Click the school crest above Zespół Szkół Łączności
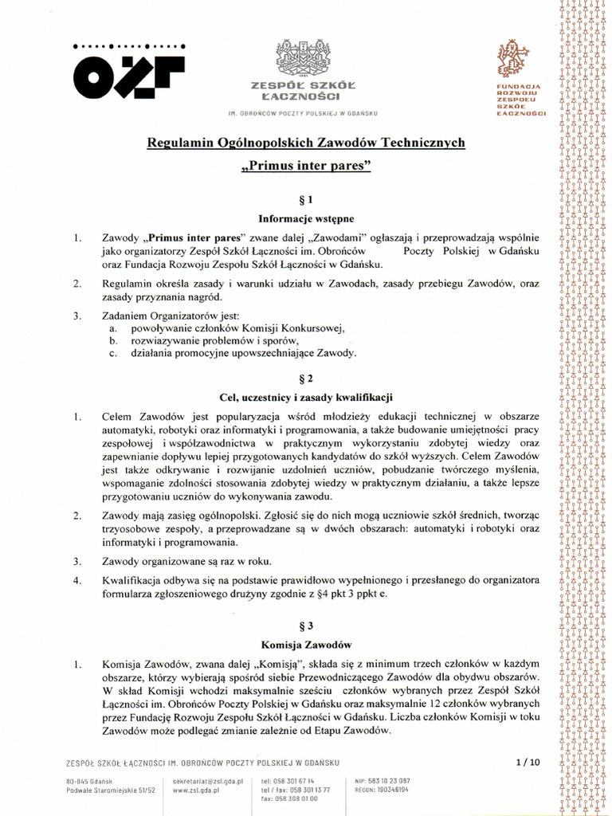(x=302, y=59)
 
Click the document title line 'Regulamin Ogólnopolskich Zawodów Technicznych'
(x=306, y=143)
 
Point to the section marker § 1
(x=306, y=198)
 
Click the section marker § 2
(x=306, y=378)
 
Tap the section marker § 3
(x=306, y=626)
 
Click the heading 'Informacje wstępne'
(x=306, y=217)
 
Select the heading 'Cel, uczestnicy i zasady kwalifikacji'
(x=306, y=397)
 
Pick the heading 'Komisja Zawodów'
(x=306, y=644)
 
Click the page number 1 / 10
(x=528, y=762)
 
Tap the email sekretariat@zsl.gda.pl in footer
(x=207, y=782)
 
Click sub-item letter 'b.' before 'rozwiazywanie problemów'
(x=114, y=340)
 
